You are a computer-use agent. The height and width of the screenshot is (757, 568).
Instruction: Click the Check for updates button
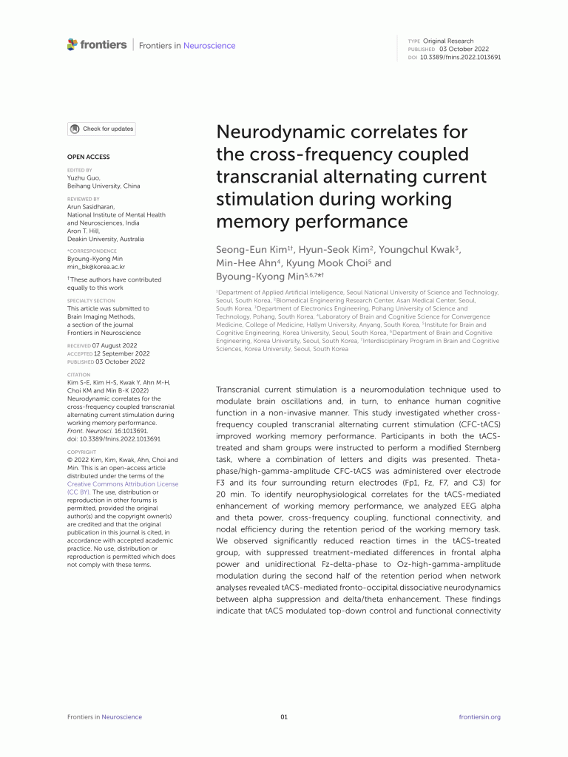[x=101, y=129]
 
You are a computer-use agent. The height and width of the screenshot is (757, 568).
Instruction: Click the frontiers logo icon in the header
[x=72, y=44]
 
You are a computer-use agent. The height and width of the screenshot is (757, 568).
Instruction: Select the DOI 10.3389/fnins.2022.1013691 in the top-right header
[x=460, y=57]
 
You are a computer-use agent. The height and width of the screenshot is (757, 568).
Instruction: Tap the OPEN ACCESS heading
[x=88, y=157]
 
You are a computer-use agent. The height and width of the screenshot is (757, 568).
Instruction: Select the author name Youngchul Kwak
[x=424, y=250]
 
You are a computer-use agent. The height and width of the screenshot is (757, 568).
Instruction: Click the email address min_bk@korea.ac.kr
[x=96, y=267]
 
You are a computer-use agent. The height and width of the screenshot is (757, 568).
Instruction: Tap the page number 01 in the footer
[x=284, y=717]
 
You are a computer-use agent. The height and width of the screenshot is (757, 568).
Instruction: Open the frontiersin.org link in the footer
[x=479, y=717]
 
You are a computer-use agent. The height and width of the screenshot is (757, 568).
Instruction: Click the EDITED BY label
[x=79, y=170]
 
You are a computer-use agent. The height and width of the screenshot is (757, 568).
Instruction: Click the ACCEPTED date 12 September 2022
[x=121, y=353]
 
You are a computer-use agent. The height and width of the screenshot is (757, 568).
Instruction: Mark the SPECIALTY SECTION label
[x=91, y=301]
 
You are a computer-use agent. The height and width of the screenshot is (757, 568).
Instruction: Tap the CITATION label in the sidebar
[x=78, y=375]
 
